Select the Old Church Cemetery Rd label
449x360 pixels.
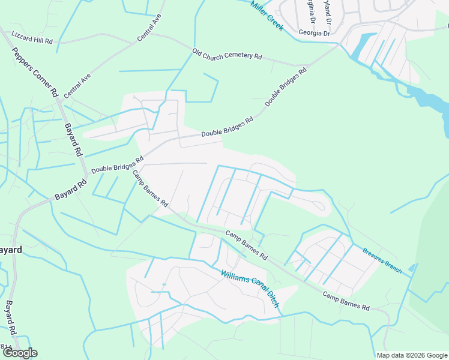pos(227,55)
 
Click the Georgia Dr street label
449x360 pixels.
pos(315,34)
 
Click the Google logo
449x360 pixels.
pos(20,353)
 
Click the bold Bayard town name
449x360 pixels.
pos(11,250)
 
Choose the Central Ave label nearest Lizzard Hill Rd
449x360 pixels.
pos(149,28)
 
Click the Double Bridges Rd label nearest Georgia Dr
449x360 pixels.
pos(286,87)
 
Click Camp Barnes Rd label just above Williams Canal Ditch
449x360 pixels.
pos(246,245)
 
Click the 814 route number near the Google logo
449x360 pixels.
pos(6,346)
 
